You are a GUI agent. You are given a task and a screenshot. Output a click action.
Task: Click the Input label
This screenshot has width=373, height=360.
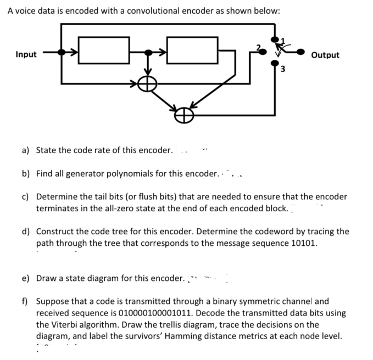(26, 54)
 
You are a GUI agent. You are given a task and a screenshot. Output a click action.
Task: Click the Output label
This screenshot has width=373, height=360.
(325, 55)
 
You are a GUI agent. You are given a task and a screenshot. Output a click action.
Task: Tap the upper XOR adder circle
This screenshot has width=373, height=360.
(148, 83)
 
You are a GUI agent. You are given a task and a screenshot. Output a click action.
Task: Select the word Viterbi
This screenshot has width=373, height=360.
(67, 324)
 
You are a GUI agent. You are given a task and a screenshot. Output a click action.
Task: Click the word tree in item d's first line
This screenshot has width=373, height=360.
(121, 231)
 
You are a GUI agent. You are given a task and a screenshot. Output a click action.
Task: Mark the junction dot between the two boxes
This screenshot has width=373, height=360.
(148, 52)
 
